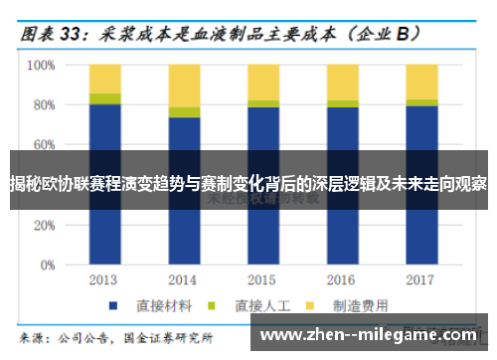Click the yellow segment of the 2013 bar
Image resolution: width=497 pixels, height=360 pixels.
(x=104, y=79)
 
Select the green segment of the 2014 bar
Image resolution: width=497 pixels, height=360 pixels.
(x=184, y=112)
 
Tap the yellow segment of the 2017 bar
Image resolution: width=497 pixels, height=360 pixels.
(x=421, y=82)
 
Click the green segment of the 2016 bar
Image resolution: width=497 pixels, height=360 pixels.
(x=343, y=103)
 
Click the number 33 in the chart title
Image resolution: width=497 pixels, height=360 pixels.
(x=72, y=32)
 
